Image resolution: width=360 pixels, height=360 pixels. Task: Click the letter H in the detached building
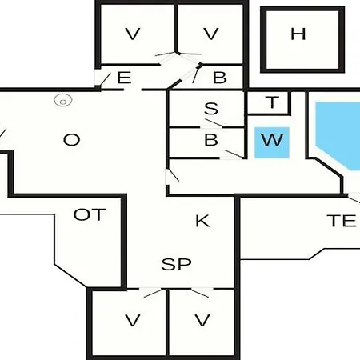298,34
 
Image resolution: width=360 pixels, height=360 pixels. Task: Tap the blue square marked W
272,142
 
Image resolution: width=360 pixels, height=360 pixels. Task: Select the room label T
272,102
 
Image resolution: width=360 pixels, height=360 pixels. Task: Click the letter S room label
211,109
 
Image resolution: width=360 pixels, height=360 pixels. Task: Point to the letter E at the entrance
124,78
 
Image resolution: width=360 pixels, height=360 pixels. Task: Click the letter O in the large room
72,140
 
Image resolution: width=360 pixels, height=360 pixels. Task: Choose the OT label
89,214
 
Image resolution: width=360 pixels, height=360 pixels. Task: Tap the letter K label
202,221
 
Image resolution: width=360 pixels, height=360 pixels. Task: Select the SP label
176,264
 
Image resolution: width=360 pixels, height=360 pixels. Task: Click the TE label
342,221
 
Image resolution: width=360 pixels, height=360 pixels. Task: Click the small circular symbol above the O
63,100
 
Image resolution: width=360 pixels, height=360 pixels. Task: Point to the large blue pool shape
338,134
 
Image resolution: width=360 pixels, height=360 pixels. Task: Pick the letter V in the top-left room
133,34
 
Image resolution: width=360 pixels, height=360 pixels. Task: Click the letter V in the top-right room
211,34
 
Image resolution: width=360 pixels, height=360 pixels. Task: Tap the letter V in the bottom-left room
133,320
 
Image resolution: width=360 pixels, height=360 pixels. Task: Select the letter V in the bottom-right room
202,320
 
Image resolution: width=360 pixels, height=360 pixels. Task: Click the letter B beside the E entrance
220,78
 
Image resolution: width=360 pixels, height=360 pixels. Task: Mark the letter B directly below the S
211,139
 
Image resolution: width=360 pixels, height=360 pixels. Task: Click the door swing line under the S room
214,122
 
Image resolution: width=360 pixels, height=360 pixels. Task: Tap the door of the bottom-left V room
152,293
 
